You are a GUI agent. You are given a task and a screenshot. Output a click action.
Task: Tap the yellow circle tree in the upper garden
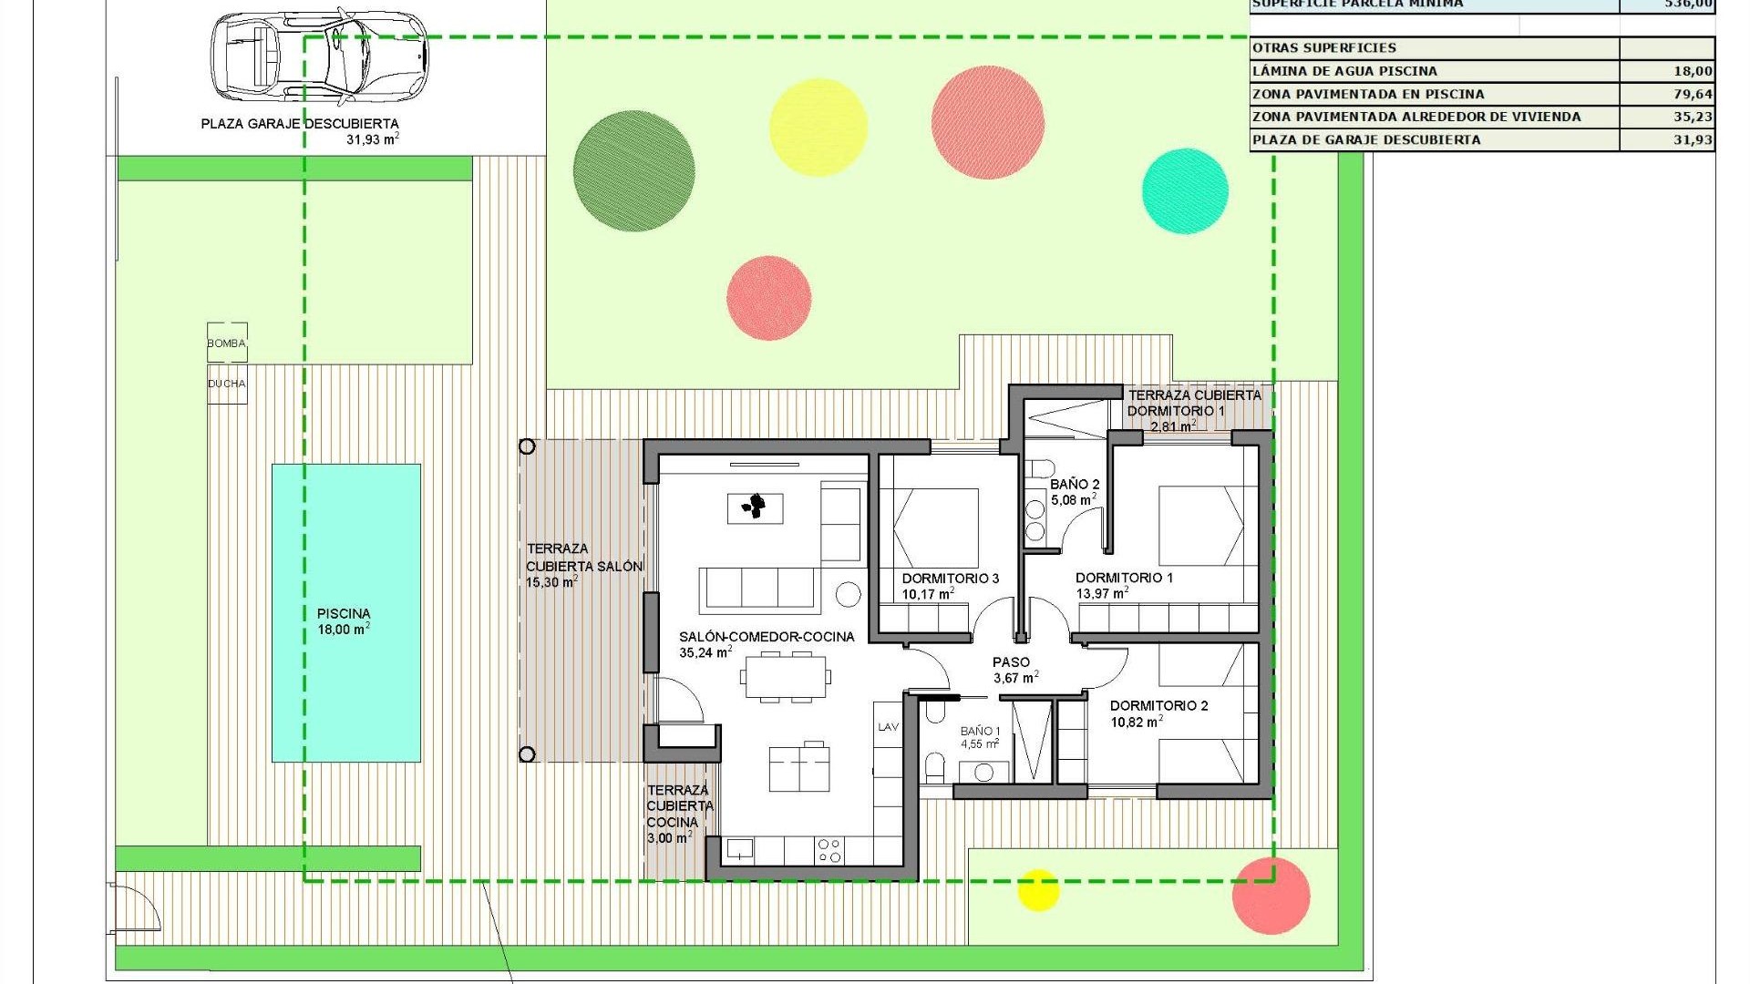pos(818,127)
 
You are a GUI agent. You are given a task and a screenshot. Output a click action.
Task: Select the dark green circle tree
pos(633,170)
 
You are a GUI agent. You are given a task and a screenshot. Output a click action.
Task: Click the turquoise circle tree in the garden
pos(1185,191)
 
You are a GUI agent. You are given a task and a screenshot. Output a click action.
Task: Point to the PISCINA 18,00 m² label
pos(344,621)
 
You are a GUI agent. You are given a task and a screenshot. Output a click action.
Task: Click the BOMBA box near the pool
pos(227,343)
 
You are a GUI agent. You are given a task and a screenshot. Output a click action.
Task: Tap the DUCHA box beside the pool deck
pos(227,384)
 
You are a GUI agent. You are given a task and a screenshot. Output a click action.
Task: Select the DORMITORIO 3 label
pos(950,586)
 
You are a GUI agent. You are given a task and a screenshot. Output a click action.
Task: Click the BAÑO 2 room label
pos(1075,492)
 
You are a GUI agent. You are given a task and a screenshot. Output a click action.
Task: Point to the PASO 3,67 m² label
pos(1013,670)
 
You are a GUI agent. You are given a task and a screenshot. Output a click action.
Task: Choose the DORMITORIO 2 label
pos(1158,713)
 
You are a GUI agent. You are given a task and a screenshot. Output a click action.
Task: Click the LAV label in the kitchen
pos(888,727)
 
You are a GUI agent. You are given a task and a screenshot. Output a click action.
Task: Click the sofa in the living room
pos(758,589)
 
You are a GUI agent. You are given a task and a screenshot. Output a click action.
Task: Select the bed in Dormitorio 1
pos(1201,527)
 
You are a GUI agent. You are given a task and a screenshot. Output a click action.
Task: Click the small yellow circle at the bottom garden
pos(1037,890)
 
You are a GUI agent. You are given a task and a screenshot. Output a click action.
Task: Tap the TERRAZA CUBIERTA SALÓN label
pos(583,565)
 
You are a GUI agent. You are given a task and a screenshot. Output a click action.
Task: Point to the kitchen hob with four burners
pos(829,851)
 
